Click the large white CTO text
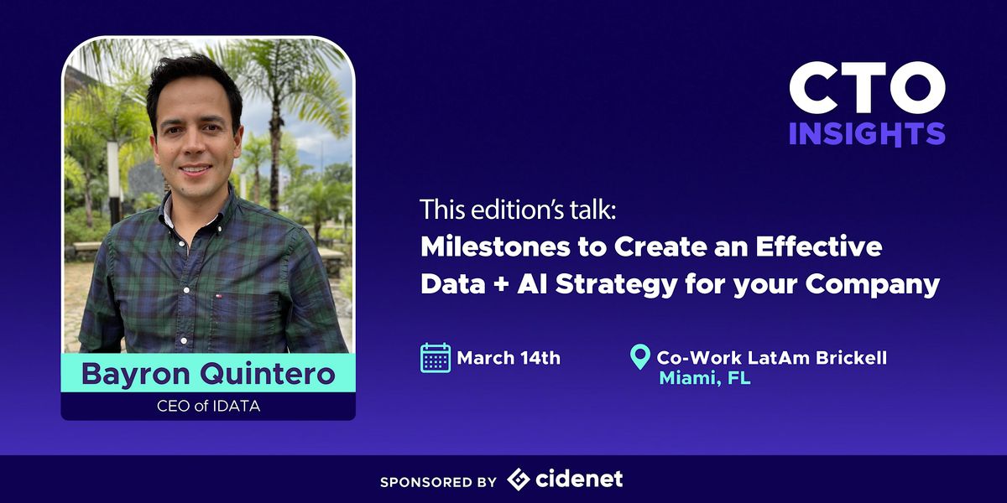pos(867,90)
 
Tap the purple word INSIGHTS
pos(867,133)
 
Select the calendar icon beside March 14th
pos(436,358)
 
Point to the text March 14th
pos(509,358)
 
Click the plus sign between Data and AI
pos(504,285)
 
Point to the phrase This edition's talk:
pos(518,210)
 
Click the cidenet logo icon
pos(519,480)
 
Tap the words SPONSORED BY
pos(438,481)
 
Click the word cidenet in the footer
pos(580,480)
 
